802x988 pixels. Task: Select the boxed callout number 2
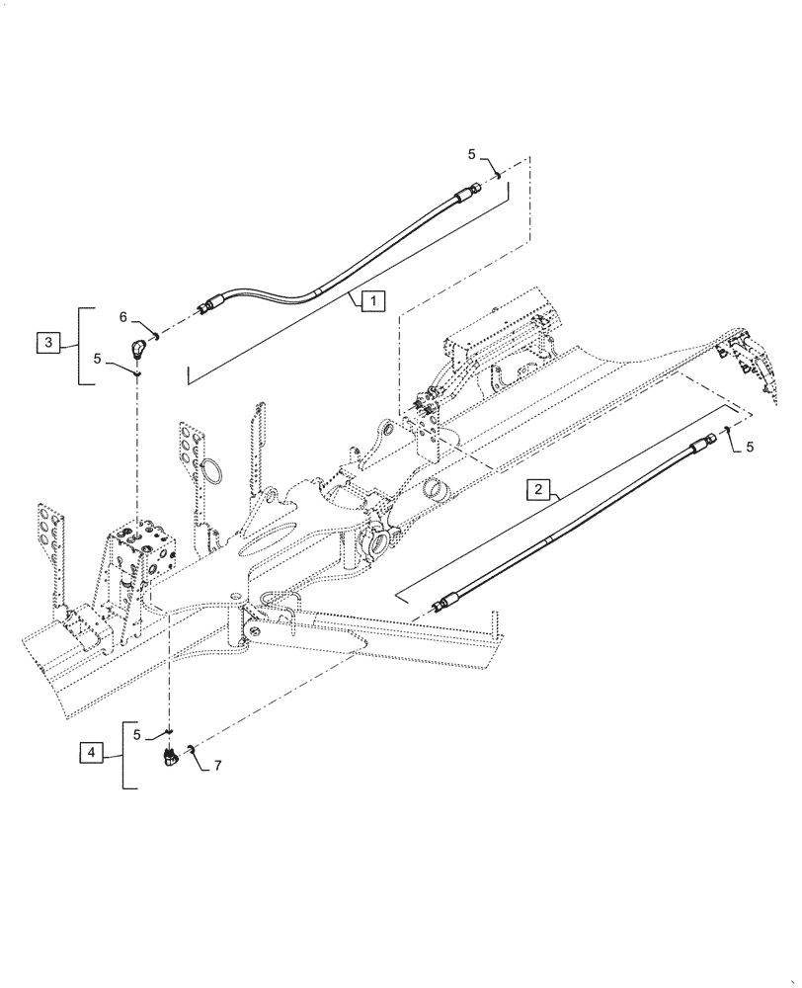point(537,489)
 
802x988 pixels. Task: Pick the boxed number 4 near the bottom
point(91,753)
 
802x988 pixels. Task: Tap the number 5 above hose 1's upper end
point(472,154)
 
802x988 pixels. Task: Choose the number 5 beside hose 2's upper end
point(750,447)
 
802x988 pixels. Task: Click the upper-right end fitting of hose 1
point(474,188)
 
